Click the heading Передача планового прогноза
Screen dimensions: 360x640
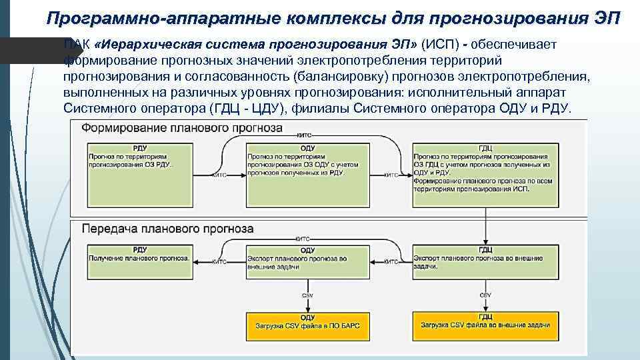click(x=158, y=228)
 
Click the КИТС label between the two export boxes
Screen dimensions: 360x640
click(x=391, y=261)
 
